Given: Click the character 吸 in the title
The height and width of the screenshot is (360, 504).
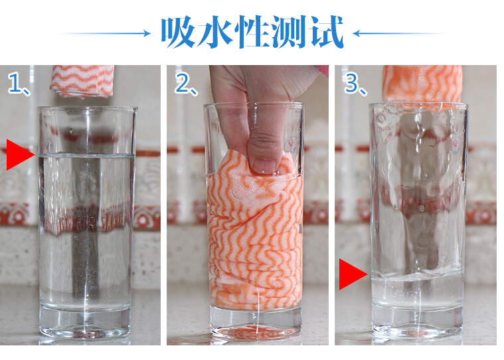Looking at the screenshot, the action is tap(179, 32).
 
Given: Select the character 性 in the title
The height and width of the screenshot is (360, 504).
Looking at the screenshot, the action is tap(252, 32).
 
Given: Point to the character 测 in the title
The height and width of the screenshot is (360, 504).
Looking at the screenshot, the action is tap(289, 32).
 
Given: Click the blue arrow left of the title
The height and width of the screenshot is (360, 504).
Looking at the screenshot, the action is tap(104, 33).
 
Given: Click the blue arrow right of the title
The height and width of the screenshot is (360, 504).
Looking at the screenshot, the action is tap(398, 33).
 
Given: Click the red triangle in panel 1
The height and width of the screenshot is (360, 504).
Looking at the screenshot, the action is tap(19, 155).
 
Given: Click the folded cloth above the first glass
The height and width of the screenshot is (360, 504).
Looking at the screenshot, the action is tap(82, 80).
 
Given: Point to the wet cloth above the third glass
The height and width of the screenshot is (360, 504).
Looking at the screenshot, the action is tap(422, 84).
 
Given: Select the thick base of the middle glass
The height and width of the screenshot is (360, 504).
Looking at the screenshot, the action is tap(256, 323).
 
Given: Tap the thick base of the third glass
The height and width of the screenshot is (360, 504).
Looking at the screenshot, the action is tap(418, 321).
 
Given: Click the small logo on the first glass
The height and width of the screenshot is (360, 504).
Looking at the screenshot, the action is tap(49, 145).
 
